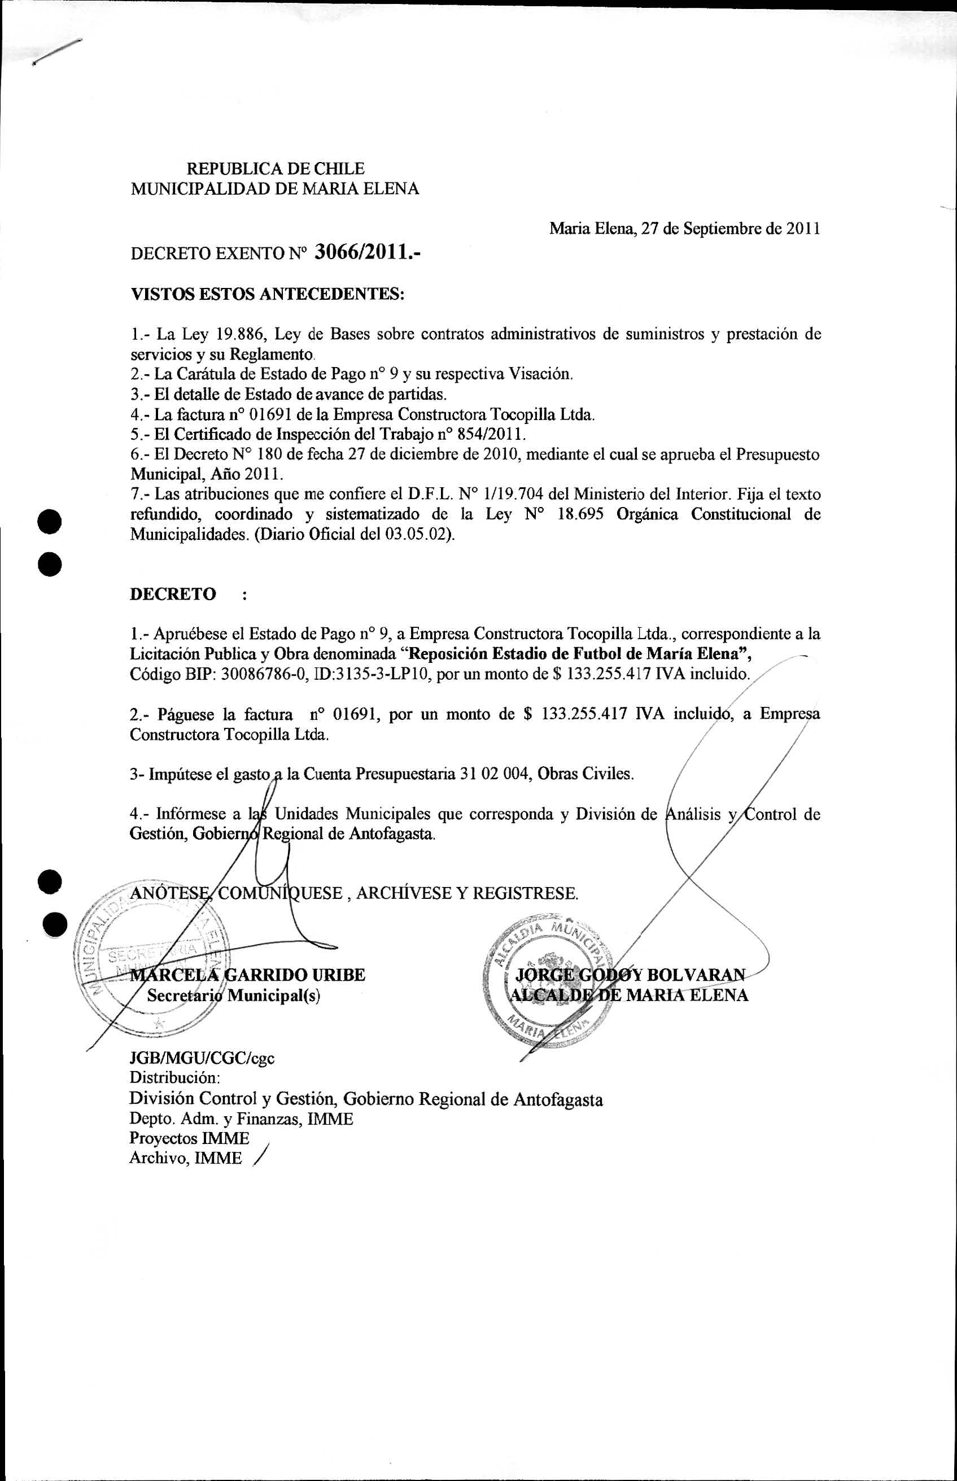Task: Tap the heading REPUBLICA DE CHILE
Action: pos(276,168)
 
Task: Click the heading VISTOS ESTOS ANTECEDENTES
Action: pos(267,294)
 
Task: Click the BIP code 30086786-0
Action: pos(265,674)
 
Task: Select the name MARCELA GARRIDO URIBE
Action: pos(247,975)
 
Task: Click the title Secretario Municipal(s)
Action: pos(234,995)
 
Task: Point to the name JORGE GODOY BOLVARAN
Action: pos(631,974)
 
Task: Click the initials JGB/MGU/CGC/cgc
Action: pos(202,1058)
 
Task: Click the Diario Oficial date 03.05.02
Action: pos(416,535)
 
